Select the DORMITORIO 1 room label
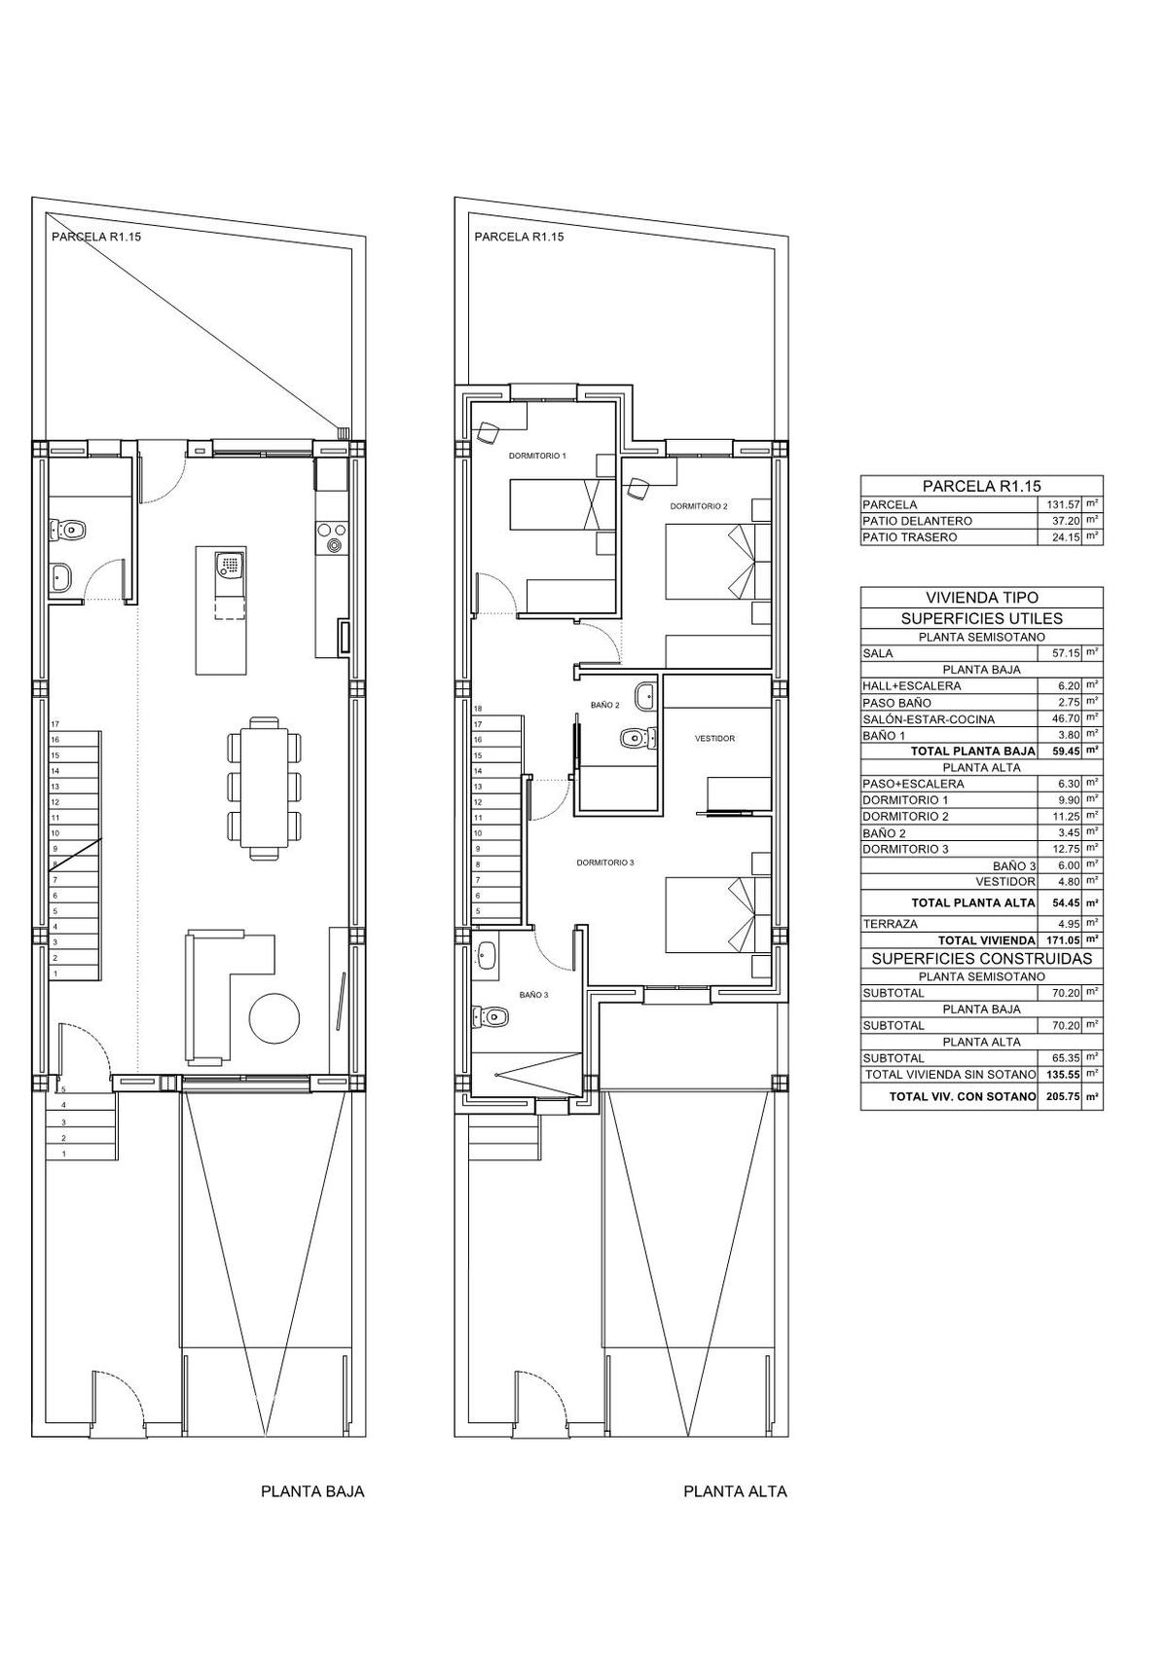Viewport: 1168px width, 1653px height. tap(537, 456)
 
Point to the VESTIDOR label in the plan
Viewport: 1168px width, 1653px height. tap(715, 738)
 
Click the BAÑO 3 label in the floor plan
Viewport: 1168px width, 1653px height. tap(534, 995)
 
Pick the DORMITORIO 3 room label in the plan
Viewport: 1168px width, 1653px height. tap(605, 862)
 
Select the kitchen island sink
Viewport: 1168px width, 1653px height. tap(230, 566)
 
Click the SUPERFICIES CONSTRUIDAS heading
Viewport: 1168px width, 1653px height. tap(982, 959)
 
